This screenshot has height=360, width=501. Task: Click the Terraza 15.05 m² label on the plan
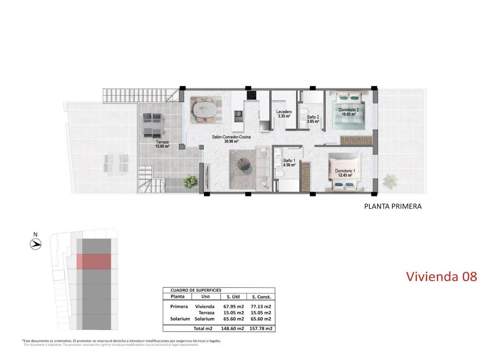click(162, 143)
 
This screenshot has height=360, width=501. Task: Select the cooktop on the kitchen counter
click(252, 95)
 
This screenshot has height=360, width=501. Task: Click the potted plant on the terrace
click(190, 180)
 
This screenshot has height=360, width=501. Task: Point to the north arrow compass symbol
click(36, 244)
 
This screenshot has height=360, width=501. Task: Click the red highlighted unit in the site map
click(94, 261)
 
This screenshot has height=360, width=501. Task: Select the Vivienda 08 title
click(442, 276)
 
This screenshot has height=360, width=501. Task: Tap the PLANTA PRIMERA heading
click(393, 206)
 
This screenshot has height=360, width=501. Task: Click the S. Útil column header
click(232, 296)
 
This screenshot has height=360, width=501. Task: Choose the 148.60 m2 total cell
click(232, 328)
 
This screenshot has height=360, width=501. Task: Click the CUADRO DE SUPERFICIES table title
click(193, 290)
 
